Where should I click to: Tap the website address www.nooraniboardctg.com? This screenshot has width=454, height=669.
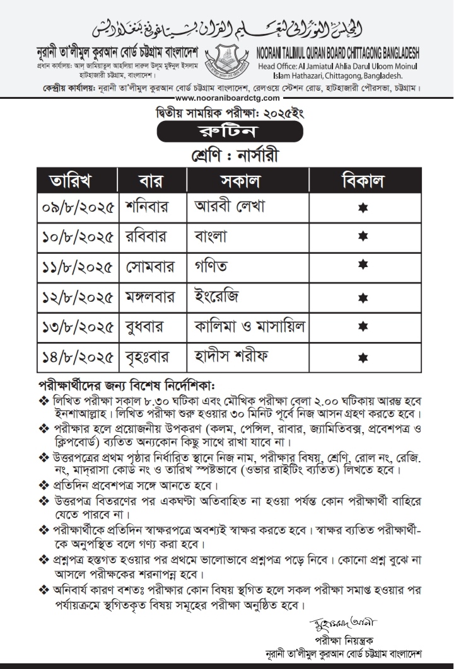227,98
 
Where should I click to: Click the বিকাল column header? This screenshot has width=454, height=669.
363,180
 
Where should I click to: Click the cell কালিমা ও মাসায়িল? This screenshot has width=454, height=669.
250,326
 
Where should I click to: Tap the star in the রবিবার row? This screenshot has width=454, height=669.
363,237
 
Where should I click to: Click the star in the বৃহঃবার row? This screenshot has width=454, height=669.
363,357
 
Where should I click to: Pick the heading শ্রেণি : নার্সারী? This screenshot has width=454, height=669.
227,155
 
